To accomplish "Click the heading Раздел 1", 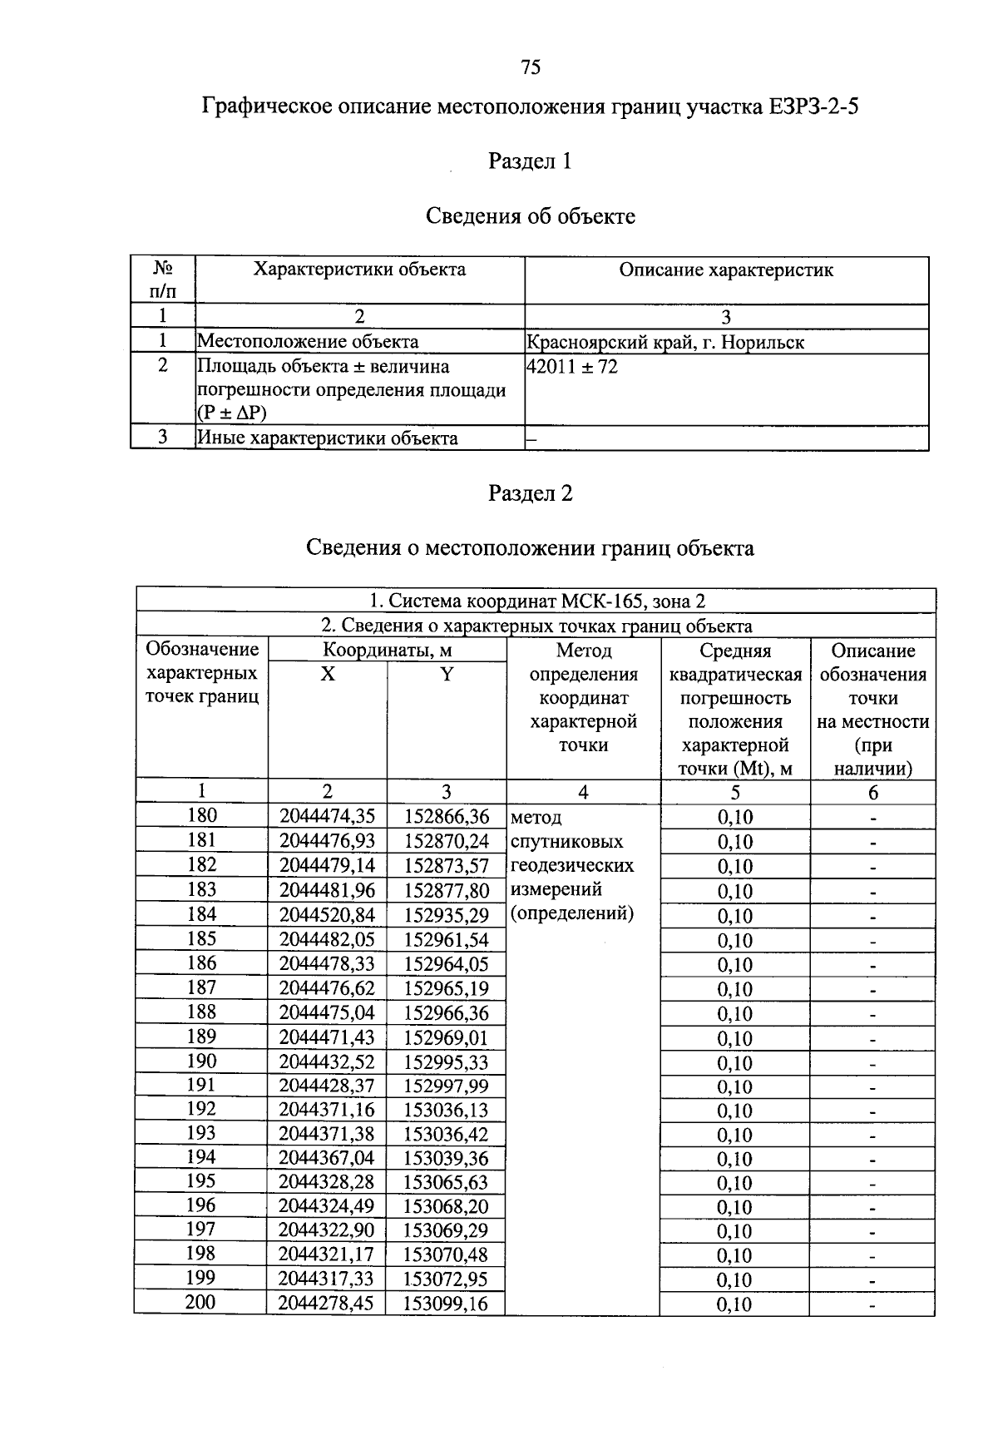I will [x=530, y=161].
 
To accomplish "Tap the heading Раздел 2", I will [x=530, y=493].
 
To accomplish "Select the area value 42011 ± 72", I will [x=573, y=367].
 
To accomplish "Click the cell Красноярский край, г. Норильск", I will [x=665, y=342].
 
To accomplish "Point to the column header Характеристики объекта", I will [x=359, y=270].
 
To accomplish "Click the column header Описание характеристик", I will [x=726, y=270].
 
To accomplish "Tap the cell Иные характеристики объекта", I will [x=327, y=438].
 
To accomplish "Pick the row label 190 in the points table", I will [x=201, y=1061].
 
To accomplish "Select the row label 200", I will [x=200, y=1302].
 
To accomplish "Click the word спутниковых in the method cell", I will [x=567, y=841].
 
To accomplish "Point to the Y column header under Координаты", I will [x=447, y=675].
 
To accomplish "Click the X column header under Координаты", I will [x=328, y=675].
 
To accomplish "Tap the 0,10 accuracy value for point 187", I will [x=734, y=989].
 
